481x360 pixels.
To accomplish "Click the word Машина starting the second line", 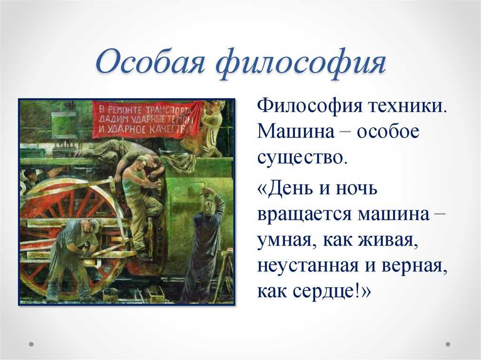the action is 296,131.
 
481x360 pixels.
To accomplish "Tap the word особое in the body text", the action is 388,131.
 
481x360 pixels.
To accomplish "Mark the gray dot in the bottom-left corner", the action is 31,344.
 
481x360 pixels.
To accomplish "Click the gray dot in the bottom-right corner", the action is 448,344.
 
